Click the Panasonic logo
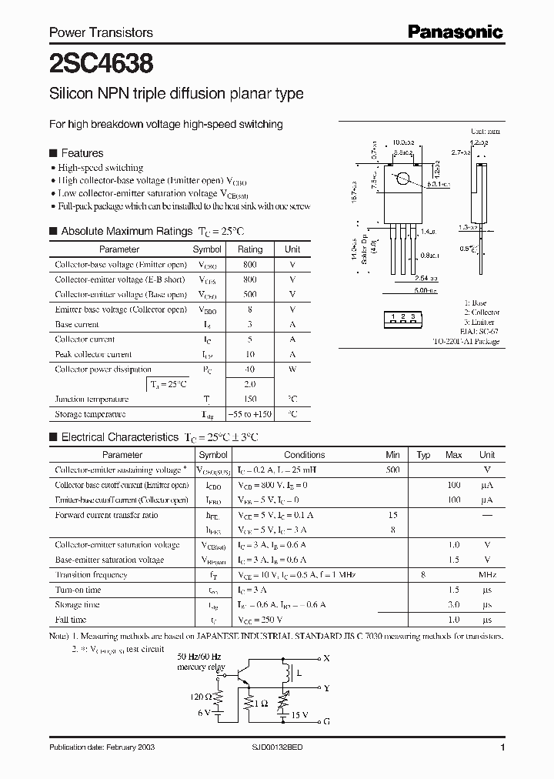point(455,32)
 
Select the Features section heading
point(82,153)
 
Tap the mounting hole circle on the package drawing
point(402,181)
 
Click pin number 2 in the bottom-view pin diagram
point(402,316)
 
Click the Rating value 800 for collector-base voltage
point(249,265)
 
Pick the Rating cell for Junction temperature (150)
point(249,399)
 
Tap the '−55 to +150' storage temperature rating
point(249,414)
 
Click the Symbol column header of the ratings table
point(207,249)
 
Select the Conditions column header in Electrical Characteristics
point(305,455)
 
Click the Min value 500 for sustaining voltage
point(392,470)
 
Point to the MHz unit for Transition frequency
point(486,575)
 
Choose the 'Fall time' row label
point(71,620)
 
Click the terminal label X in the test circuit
point(326,658)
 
